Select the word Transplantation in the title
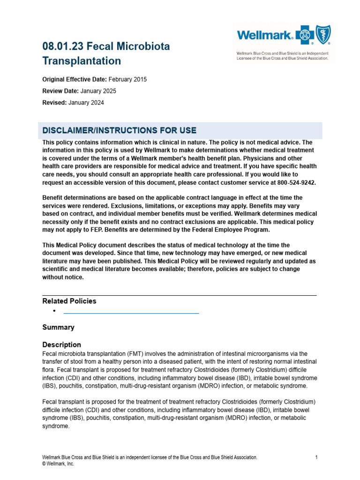(x=82, y=61)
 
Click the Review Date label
(x=60, y=91)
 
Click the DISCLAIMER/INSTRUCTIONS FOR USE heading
(x=120, y=130)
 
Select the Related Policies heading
(x=69, y=301)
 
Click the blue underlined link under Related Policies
(x=131, y=312)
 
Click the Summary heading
(x=58, y=327)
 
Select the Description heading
(x=61, y=345)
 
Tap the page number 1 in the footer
(x=317, y=457)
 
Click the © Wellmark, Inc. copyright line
(x=58, y=464)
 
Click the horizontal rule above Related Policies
(x=180, y=295)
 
